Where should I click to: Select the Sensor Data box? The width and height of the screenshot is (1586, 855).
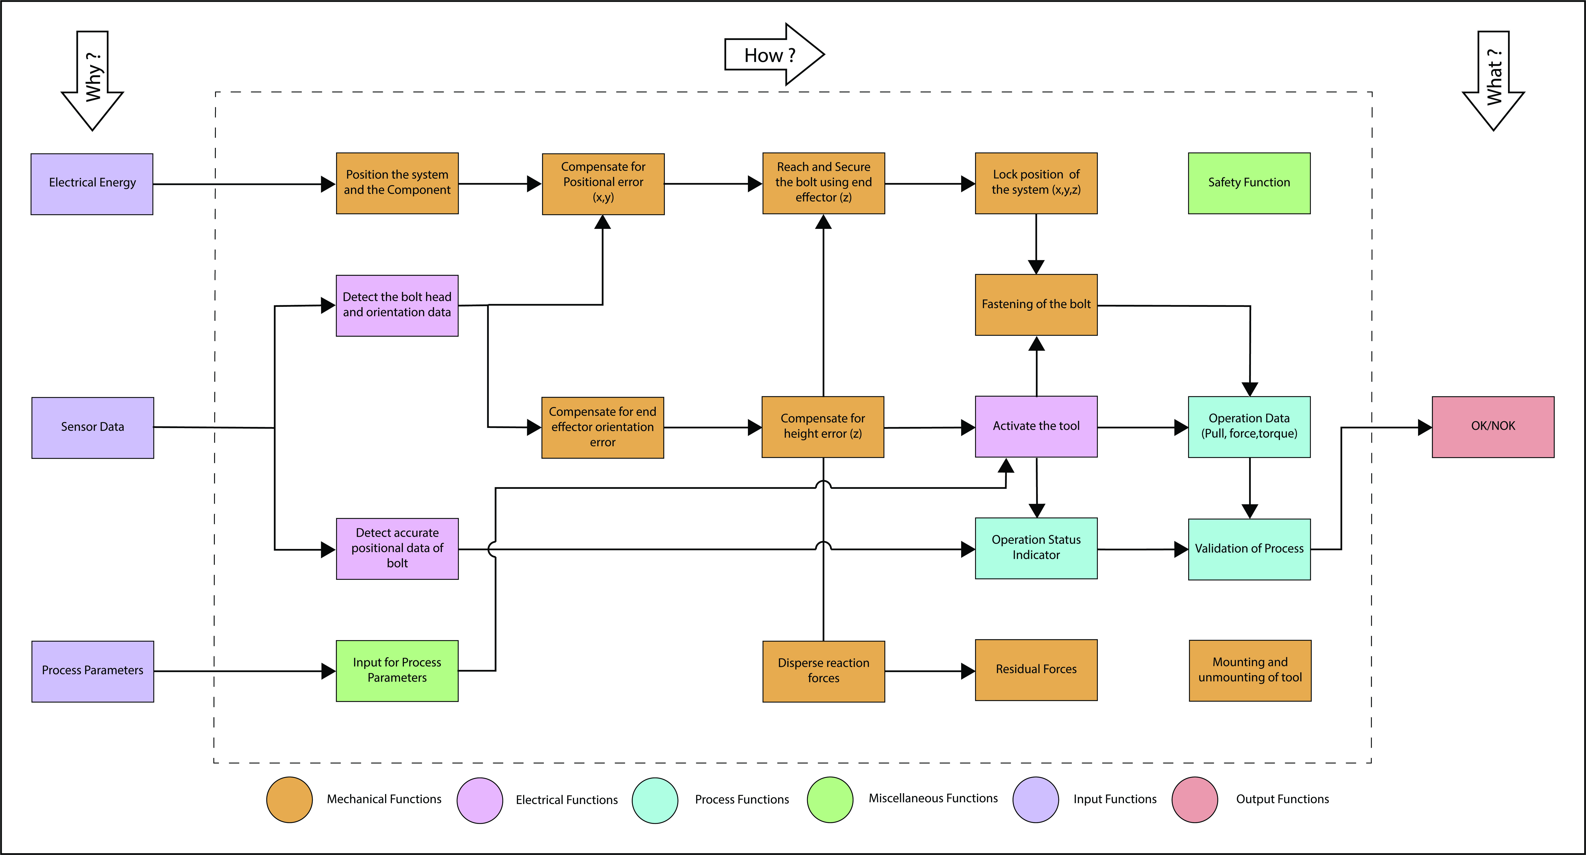click(92, 427)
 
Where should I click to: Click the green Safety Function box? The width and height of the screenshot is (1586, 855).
click(1249, 183)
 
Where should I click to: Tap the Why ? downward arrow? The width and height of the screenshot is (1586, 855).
click(92, 80)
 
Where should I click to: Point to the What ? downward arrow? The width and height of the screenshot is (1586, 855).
click(1493, 80)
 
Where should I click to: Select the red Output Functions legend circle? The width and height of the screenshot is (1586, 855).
click(1194, 800)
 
